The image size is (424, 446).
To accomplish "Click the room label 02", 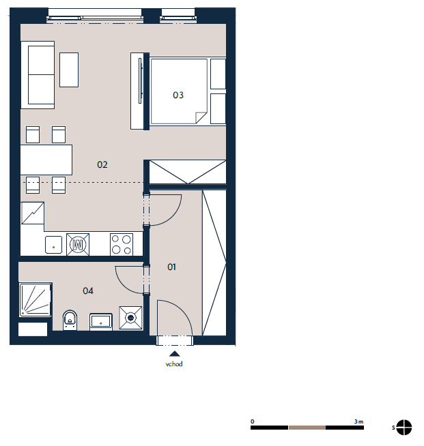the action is click(102, 164).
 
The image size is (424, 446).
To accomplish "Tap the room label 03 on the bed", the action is click(178, 95).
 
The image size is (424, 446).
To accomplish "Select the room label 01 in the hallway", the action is click(171, 267).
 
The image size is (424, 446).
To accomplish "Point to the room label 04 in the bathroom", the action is click(88, 291).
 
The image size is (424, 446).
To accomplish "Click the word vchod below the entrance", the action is click(174, 363).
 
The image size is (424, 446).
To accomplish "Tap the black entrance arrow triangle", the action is click(175, 353).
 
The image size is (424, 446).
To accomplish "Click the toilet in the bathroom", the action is click(70, 320).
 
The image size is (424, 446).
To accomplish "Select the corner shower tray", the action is click(36, 299).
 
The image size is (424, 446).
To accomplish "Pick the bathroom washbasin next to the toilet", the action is click(101, 322).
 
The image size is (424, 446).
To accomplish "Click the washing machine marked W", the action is click(78, 244).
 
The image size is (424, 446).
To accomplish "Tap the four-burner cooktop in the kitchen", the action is click(122, 244).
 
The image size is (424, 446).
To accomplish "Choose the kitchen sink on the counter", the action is click(53, 245).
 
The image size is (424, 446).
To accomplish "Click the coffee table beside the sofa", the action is click(69, 70).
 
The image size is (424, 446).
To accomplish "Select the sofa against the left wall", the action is click(38, 75).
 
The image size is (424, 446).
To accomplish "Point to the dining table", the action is click(46, 160).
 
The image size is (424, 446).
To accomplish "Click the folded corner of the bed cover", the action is click(201, 117).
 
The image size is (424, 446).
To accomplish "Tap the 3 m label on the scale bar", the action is click(358, 421).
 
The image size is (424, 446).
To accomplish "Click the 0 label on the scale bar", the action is click(253, 421).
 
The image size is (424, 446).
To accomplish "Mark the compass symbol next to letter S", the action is click(404, 428).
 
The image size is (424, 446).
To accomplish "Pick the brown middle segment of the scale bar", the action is click(307, 428).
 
